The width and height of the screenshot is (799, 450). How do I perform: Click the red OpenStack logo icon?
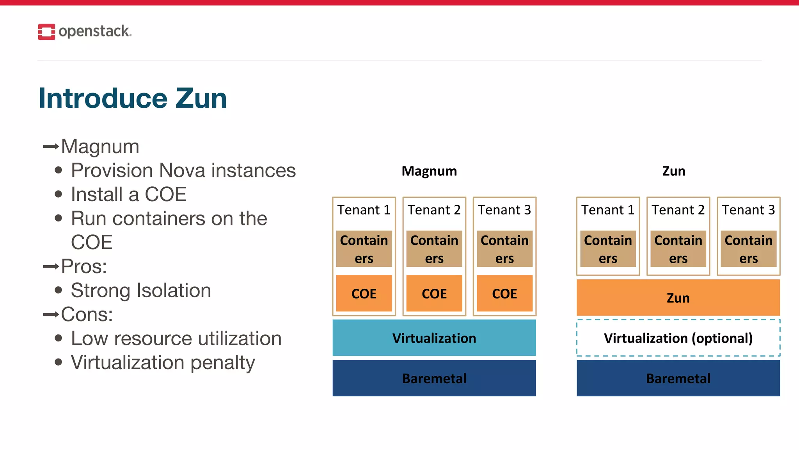click(x=46, y=32)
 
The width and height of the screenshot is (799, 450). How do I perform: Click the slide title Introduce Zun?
click(x=133, y=98)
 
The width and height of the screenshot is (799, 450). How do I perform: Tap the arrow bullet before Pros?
click(x=51, y=267)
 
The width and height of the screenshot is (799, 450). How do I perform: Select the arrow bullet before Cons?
click(x=51, y=314)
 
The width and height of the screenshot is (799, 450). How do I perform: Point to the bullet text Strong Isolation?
click(x=141, y=291)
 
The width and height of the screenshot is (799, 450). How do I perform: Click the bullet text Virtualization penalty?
click(x=163, y=362)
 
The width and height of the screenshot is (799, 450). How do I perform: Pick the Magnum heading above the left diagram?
click(x=429, y=171)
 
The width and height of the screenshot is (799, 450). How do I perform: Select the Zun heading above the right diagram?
click(x=674, y=171)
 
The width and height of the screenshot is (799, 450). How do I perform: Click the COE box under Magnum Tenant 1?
click(x=364, y=293)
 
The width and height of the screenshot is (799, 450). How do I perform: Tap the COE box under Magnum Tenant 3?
click(x=504, y=293)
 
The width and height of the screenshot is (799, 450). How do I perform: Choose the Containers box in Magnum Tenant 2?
click(x=434, y=249)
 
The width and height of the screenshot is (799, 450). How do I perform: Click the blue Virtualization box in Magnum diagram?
click(x=434, y=338)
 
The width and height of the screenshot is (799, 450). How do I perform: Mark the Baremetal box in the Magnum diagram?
click(x=434, y=378)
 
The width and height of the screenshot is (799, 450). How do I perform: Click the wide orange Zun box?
click(x=678, y=298)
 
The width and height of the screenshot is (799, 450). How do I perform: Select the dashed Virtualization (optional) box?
click(x=678, y=338)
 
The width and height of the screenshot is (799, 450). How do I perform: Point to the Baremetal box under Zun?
click(x=678, y=378)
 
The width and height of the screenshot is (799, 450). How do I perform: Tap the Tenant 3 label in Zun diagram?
click(x=748, y=210)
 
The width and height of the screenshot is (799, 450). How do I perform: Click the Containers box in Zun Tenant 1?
click(x=608, y=249)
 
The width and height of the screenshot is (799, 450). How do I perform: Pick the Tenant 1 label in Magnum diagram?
click(x=364, y=210)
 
